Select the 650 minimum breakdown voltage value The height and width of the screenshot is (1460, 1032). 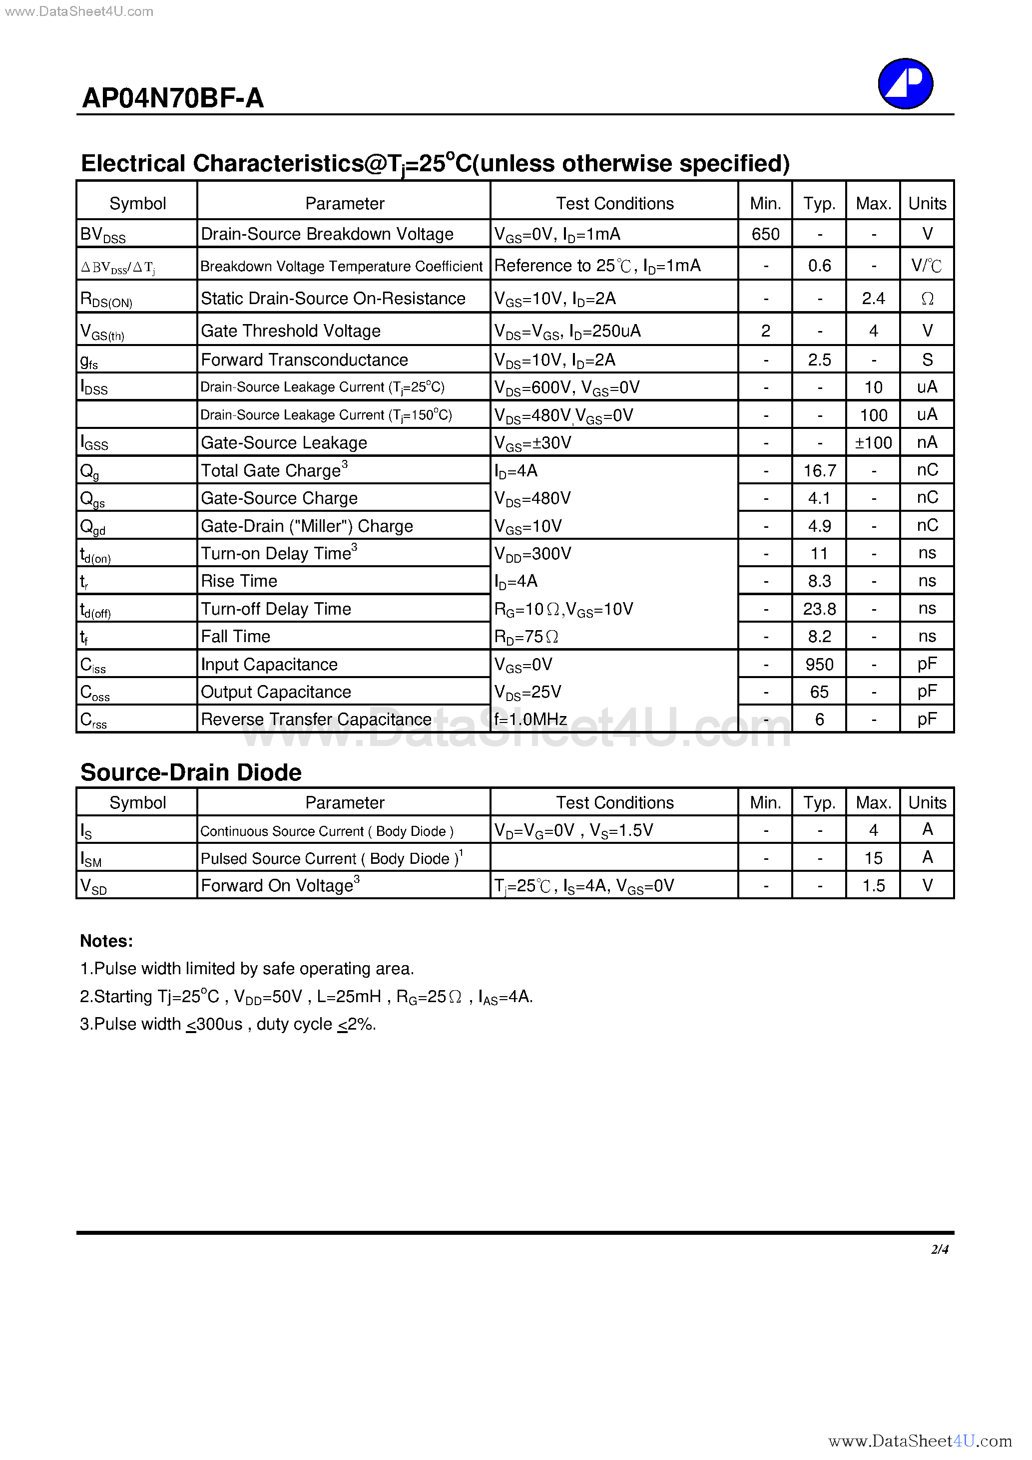tap(765, 234)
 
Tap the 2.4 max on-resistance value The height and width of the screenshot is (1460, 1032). tap(873, 298)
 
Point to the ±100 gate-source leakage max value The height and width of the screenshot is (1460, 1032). tap(873, 442)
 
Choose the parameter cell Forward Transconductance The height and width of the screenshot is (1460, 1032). tap(304, 360)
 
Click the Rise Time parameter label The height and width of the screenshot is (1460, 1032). tap(239, 581)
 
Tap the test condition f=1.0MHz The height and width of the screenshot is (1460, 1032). tap(530, 719)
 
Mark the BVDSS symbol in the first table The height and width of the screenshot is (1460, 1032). tap(102, 235)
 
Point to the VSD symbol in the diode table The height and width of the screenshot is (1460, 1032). tap(93, 886)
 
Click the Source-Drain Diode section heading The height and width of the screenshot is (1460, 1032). tap(191, 772)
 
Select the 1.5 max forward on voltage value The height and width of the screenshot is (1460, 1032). tap(873, 886)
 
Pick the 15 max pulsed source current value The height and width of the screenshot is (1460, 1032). tap(873, 858)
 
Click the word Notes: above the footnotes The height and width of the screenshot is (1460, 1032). tap(106, 941)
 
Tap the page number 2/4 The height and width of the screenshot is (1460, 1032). tap(939, 1249)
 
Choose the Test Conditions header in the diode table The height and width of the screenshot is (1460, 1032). tap(614, 802)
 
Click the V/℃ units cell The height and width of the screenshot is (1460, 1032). tap(927, 266)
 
